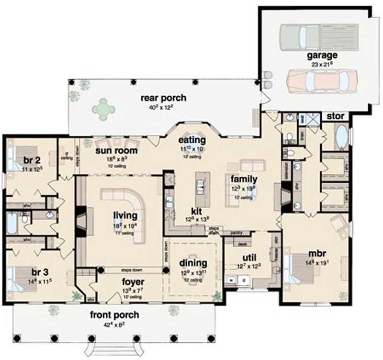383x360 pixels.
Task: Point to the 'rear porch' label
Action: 163,98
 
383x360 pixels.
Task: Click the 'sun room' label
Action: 116,151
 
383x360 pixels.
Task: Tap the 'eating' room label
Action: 192,140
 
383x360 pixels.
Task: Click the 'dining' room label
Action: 193,263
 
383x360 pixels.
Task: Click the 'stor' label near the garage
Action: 336,116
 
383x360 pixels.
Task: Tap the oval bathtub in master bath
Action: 341,136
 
